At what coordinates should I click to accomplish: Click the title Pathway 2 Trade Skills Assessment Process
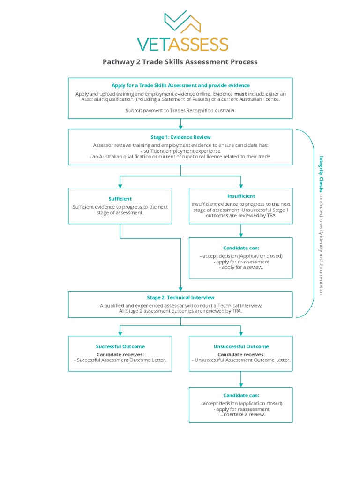point(180,62)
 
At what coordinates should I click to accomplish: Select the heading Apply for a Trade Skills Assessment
point(180,85)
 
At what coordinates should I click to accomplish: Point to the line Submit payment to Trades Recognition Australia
point(180,110)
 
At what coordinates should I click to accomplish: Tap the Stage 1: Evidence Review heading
point(180,137)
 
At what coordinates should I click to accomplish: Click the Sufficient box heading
point(120,199)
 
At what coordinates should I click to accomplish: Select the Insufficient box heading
point(241,196)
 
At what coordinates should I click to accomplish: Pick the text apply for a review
point(241,267)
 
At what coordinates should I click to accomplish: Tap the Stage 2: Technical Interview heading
point(180,297)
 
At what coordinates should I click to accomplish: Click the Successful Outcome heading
point(120,346)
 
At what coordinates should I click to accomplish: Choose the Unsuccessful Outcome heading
point(241,346)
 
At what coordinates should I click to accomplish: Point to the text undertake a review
point(241,414)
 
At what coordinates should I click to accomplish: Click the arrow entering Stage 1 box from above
point(180,124)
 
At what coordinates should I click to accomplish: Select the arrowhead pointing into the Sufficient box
point(120,186)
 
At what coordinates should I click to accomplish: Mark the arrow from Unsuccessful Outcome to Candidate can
point(241,379)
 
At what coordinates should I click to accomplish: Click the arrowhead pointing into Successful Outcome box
point(120,333)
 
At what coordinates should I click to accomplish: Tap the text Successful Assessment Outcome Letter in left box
point(121,360)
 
